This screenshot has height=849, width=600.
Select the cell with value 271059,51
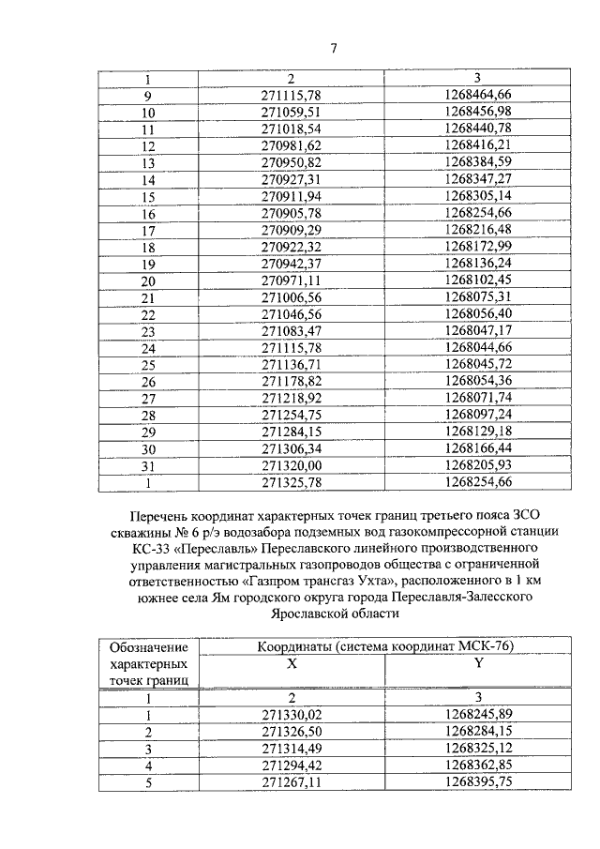[x=291, y=113]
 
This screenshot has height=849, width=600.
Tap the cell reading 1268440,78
[x=478, y=129]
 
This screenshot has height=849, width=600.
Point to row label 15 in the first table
[x=147, y=196]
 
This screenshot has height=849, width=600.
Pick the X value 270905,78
[x=291, y=213]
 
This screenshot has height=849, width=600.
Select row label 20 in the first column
[x=147, y=280]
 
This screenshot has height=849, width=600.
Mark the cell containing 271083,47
[x=291, y=331]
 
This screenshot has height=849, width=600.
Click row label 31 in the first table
[x=147, y=465]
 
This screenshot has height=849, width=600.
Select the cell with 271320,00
[x=291, y=465]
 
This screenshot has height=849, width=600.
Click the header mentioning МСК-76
[x=386, y=646]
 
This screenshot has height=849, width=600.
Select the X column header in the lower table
[x=291, y=663]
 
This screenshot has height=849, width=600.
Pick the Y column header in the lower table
[x=478, y=663]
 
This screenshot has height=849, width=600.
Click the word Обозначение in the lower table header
[x=147, y=647]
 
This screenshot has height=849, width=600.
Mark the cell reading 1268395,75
[x=478, y=781]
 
